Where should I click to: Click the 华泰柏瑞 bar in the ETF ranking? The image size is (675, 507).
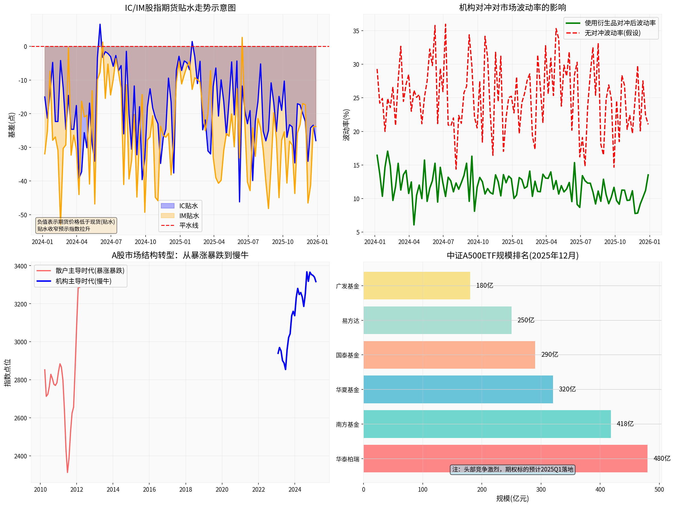pyautogui.click(x=505, y=458)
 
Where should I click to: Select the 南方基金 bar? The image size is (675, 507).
pyautogui.click(x=487, y=424)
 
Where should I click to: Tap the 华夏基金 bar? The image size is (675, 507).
pyautogui.click(x=458, y=389)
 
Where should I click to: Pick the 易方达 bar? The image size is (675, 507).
pyautogui.click(x=437, y=320)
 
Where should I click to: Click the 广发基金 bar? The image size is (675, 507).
pyautogui.click(x=417, y=285)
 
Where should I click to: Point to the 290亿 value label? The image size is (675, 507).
pyautogui.click(x=550, y=354)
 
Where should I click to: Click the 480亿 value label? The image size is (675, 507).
pyautogui.click(x=662, y=458)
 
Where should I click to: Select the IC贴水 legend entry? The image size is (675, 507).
pyautogui.click(x=188, y=206)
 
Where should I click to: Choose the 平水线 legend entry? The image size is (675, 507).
pyautogui.click(x=189, y=226)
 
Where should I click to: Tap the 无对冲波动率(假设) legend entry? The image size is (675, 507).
pyautogui.click(x=612, y=33)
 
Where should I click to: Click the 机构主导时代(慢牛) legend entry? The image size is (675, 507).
pyautogui.click(x=83, y=281)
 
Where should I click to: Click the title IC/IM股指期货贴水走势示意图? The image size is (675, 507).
pyautogui.click(x=180, y=8)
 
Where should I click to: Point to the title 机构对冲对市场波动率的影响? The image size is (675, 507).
pyautogui.click(x=512, y=8)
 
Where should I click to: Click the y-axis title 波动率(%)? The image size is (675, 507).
pyautogui.click(x=346, y=125)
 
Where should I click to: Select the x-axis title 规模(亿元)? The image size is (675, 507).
pyautogui.click(x=512, y=498)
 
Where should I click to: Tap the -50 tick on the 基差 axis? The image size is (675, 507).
pyautogui.click(x=23, y=215)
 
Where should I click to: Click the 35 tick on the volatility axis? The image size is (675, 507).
pyautogui.click(x=356, y=31)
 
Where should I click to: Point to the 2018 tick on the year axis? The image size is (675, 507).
pyautogui.click(x=186, y=489)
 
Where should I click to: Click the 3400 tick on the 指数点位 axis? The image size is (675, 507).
pyautogui.click(x=20, y=266)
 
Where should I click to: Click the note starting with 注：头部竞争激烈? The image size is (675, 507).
pyautogui.click(x=512, y=470)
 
